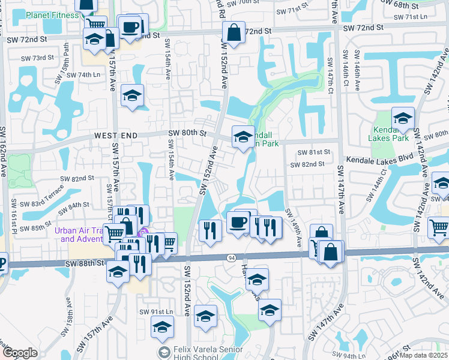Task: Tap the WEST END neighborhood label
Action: point(116,136)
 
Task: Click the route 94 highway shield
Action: point(231,257)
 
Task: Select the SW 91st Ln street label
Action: point(156,312)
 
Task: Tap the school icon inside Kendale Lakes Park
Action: point(403,118)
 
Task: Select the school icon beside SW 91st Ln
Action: point(162,328)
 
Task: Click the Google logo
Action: point(20,353)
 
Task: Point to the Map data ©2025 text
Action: point(424,355)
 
